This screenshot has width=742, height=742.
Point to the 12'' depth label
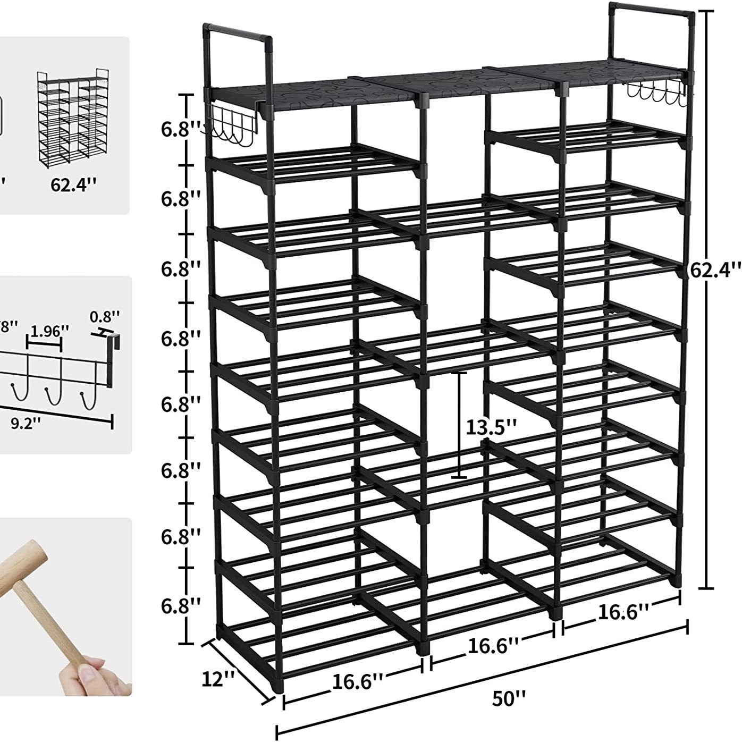[218, 678]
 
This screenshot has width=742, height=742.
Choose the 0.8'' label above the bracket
[105, 317]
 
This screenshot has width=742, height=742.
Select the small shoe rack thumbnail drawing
[69, 114]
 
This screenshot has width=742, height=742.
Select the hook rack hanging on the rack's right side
[657, 94]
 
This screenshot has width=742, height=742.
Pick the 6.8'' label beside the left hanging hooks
[181, 129]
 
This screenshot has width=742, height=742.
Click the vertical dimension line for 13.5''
[459, 425]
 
